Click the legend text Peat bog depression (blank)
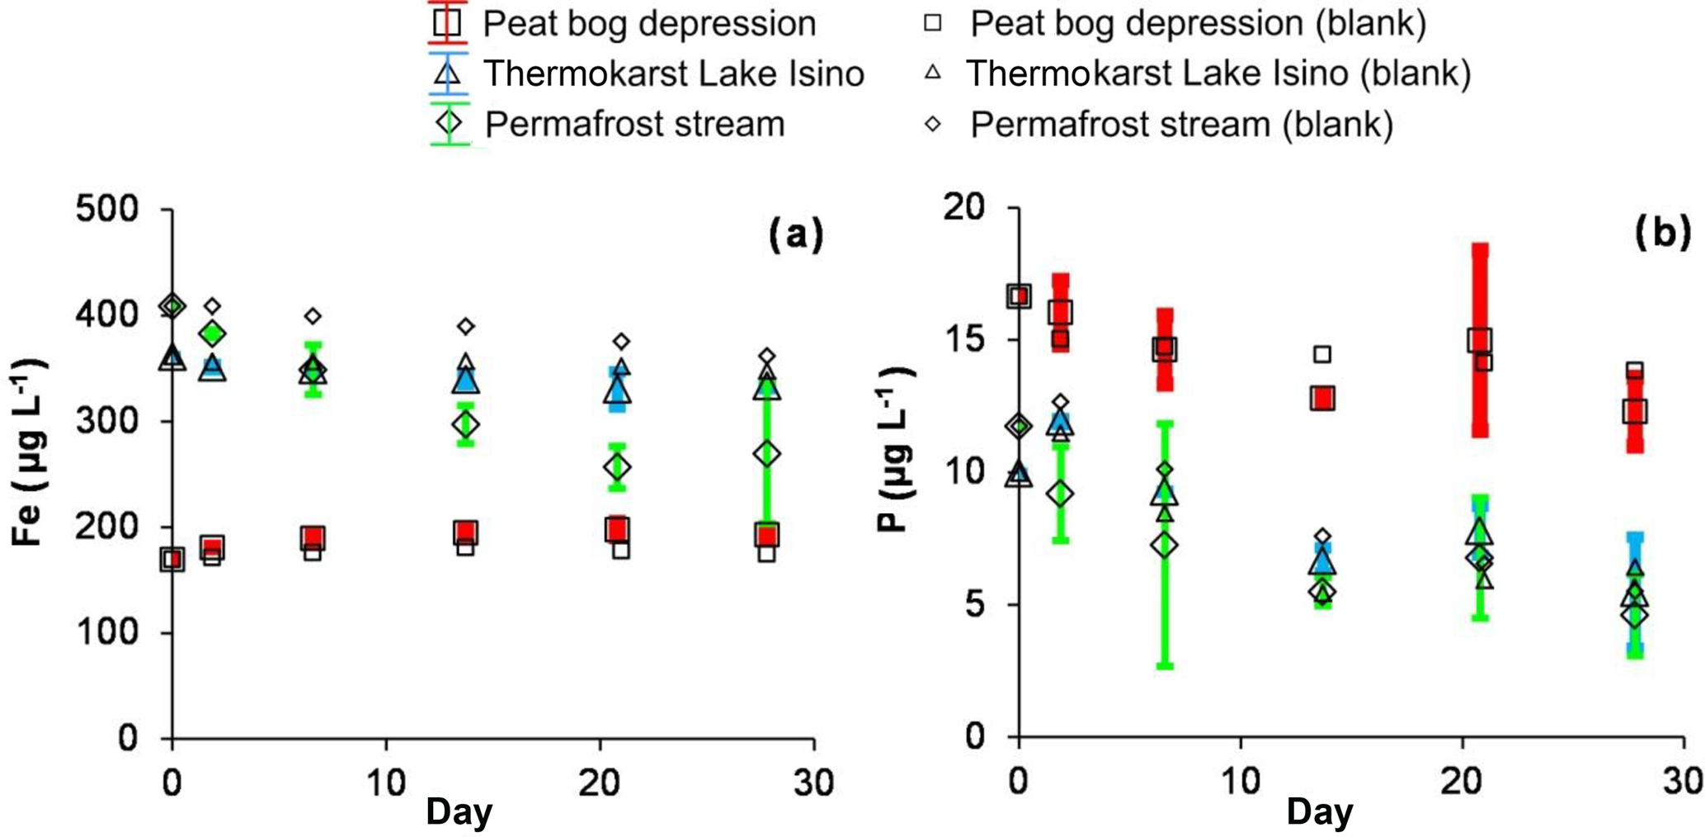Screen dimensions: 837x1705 tap(1198, 24)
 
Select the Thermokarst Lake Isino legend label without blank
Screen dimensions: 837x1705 tap(673, 74)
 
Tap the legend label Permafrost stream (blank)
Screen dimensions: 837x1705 tap(1181, 125)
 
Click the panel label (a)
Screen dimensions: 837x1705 tap(796, 235)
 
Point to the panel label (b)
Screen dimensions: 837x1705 tap(1661, 234)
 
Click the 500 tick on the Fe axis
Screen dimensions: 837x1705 tap(118, 209)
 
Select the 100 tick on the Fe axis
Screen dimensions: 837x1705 tap(118, 633)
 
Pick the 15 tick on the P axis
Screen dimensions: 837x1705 tap(966, 339)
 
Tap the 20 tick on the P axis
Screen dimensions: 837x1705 tap(966, 207)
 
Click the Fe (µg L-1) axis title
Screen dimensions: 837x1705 tap(29, 452)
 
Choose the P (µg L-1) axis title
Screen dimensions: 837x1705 tap(894, 452)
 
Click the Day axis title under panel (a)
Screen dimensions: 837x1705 tap(459, 812)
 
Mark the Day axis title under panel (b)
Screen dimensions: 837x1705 tap(1320, 812)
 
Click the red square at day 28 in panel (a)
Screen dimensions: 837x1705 tap(767, 536)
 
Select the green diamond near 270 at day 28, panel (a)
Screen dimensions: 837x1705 tap(767, 454)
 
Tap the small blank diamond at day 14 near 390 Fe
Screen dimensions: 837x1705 tap(466, 327)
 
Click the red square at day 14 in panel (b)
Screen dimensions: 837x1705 tap(1323, 399)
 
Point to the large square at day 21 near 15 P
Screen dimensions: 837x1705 tap(1479, 339)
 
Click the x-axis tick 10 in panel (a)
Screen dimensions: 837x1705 tap(386, 782)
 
